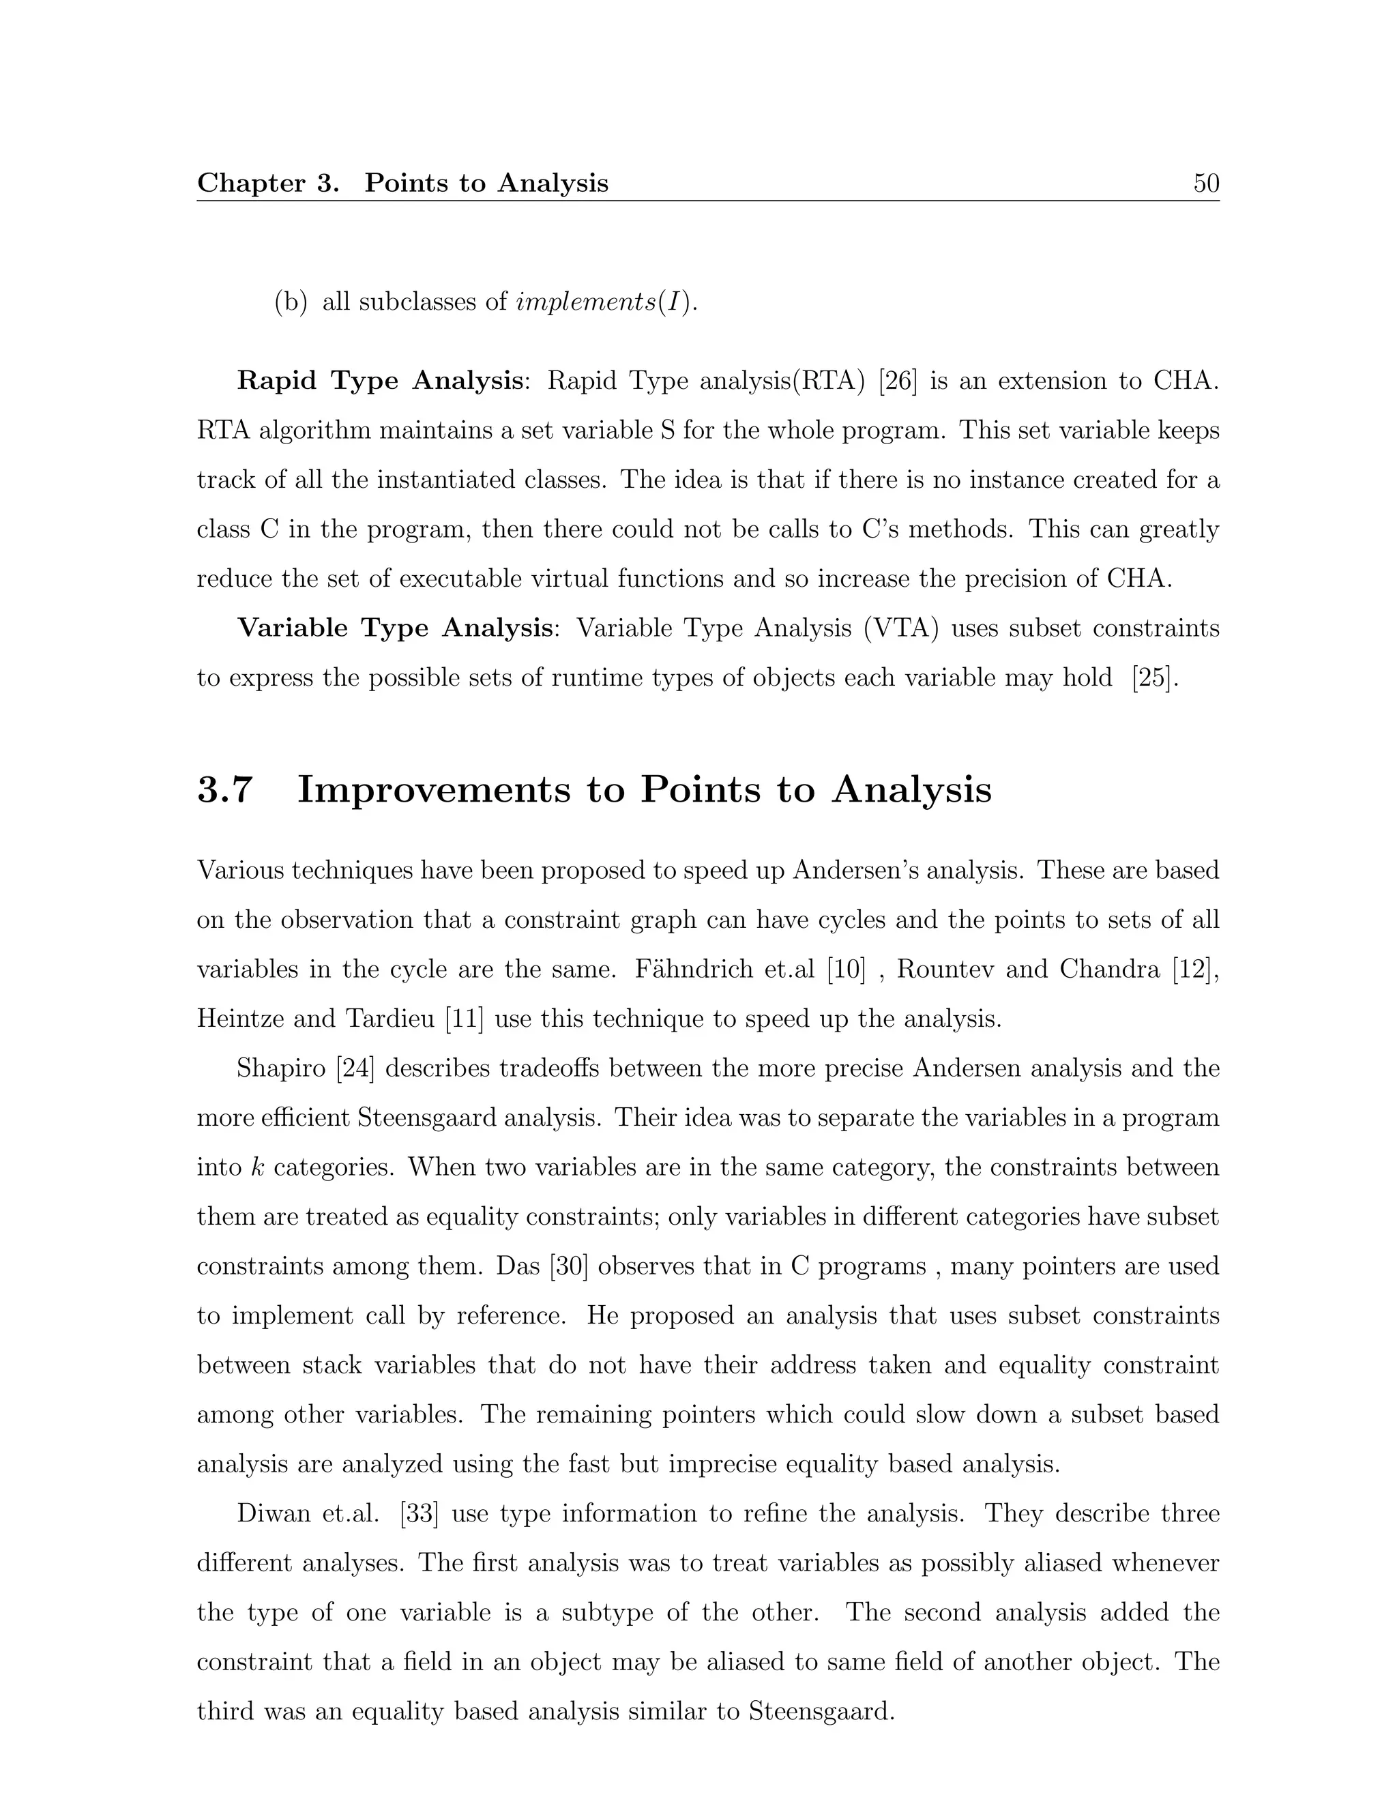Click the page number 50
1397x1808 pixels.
pyautogui.click(x=1206, y=183)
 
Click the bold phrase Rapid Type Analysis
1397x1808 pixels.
pyautogui.click(x=380, y=381)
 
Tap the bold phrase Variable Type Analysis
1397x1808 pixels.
pyautogui.click(x=395, y=628)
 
